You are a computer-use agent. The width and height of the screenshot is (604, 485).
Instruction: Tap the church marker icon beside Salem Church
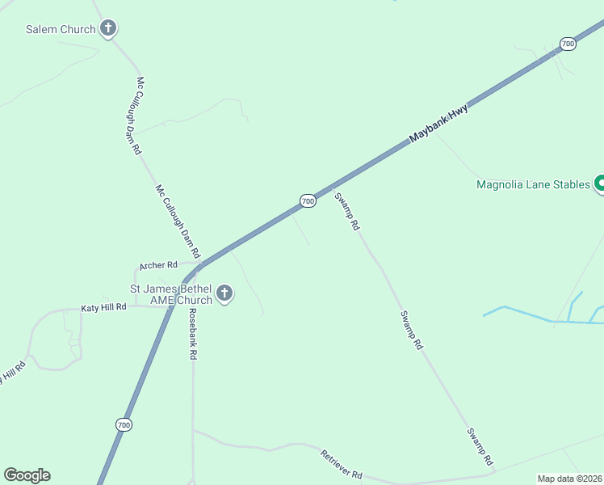point(107,29)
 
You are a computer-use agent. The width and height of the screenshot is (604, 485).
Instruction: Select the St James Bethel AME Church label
point(171,294)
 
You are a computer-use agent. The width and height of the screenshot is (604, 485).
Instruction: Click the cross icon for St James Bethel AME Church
point(224,293)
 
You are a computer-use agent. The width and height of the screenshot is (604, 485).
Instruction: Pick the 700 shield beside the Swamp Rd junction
point(308,200)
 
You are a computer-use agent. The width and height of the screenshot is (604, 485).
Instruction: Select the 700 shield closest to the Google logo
point(123,424)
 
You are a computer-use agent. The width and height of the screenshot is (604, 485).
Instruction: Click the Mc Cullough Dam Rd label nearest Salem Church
point(139,116)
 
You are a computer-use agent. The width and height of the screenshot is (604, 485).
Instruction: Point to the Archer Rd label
point(158,265)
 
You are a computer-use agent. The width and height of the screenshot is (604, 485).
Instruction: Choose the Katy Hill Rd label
point(104,307)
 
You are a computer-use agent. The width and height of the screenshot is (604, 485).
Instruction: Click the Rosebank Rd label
point(192,333)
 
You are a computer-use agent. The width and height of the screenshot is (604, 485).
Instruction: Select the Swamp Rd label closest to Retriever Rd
point(480,446)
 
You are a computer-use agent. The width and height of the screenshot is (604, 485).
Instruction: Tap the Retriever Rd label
point(342,464)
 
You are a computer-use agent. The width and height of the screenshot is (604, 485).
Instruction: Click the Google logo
point(27,475)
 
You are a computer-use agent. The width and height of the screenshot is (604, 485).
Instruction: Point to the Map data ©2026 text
point(569,479)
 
